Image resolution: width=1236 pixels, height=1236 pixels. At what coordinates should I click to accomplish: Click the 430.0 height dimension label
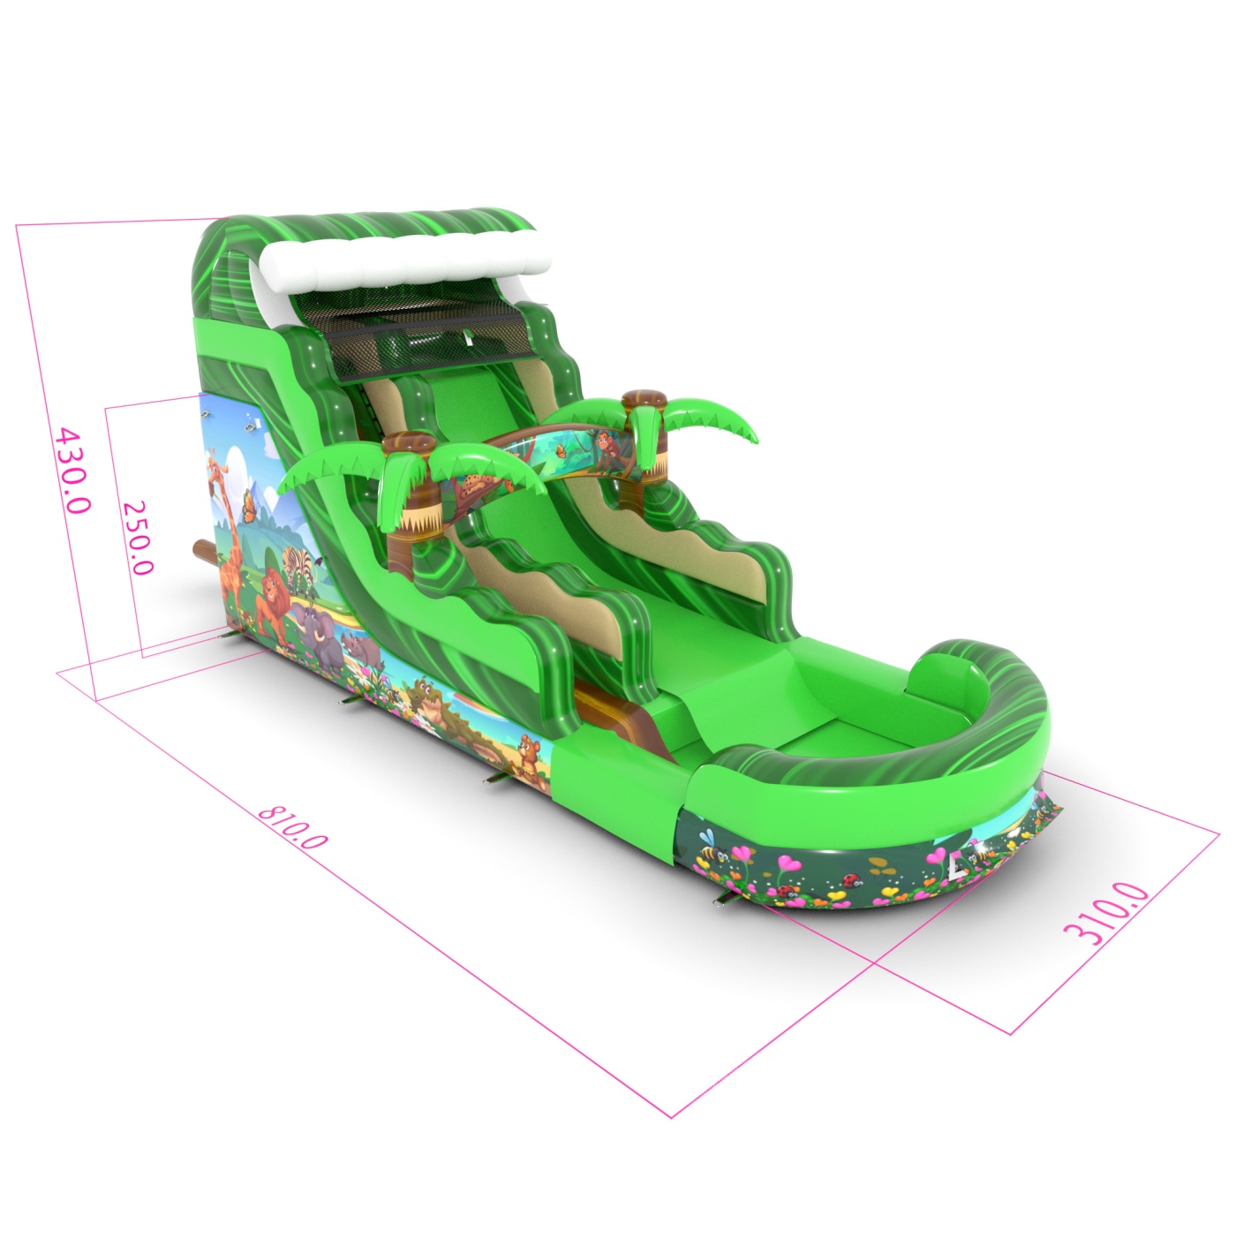click(x=73, y=470)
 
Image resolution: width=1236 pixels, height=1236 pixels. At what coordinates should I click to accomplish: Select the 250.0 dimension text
click(x=137, y=538)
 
